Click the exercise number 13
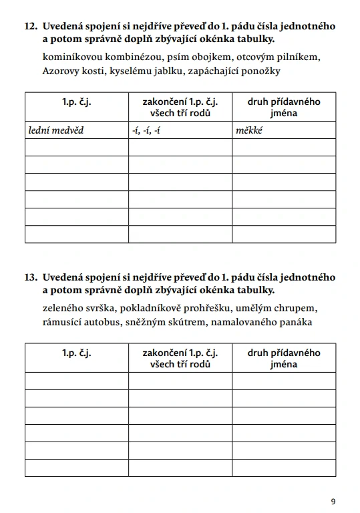click(30, 277)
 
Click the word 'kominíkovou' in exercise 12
click(69, 57)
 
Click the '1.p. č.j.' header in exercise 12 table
click(76, 102)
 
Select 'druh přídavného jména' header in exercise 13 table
click(284, 359)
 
